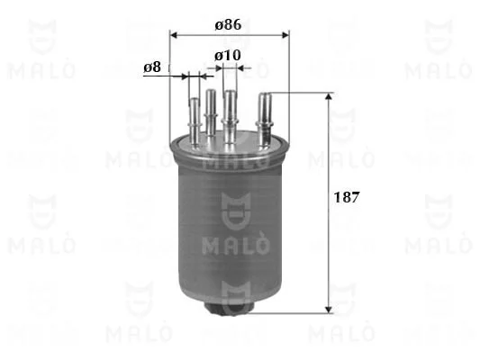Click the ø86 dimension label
click(x=228, y=25)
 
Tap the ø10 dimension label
click(x=228, y=56)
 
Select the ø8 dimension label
click(x=152, y=67)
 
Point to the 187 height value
click(x=346, y=197)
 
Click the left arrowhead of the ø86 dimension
click(x=174, y=35)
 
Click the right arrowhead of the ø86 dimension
click(x=285, y=35)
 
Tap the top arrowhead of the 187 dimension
click(x=329, y=96)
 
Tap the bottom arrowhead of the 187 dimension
click(x=329, y=310)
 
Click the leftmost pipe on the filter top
click(x=195, y=121)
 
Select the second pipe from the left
click(x=211, y=112)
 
